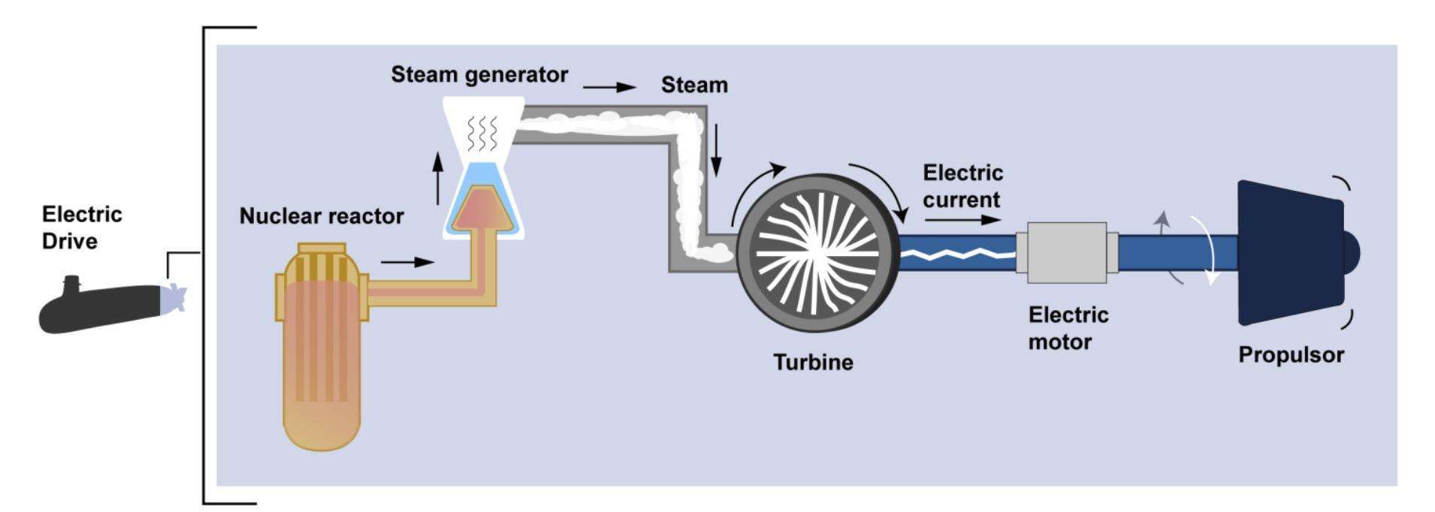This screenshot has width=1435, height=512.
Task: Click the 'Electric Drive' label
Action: pyautogui.click(x=82, y=227)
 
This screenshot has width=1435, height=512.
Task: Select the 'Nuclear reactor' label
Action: pyautogui.click(x=321, y=216)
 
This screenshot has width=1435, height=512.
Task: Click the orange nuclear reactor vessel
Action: pyautogui.click(x=322, y=353)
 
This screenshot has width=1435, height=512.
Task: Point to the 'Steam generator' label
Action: pyautogui.click(x=479, y=75)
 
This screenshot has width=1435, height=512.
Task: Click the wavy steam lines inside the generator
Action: pyautogui.click(x=482, y=133)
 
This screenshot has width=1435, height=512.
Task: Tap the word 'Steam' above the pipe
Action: pyautogui.click(x=694, y=86)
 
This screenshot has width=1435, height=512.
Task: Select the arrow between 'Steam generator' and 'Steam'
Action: pyautogui.click(x=609, y=87)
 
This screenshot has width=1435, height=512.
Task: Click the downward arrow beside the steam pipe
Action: pyautogui.click(x=716, y=155)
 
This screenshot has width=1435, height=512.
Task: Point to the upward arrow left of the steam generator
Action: pyautogui.click(x=438, y=178)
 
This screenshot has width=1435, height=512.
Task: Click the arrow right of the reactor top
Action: pyautogui.click(x=407, y=262)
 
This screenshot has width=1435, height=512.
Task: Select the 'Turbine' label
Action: pyautogui.click(x=814, y=363)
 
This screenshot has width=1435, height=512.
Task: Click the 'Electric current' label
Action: pyautogui.click(x=962, y=186)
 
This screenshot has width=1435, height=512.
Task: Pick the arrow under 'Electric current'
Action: pyautogui.click(x=962, y=220)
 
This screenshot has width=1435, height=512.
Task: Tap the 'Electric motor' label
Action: pyautogui.click(x=1068, y=328)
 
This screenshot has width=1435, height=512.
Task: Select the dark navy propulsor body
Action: pyautogui.click(x=1288, y=252)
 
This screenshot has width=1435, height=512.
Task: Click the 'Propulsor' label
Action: pyautogui.click(x=1291, y=354)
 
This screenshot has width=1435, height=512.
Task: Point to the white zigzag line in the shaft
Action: pyautogui.click(x=957, y=255)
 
